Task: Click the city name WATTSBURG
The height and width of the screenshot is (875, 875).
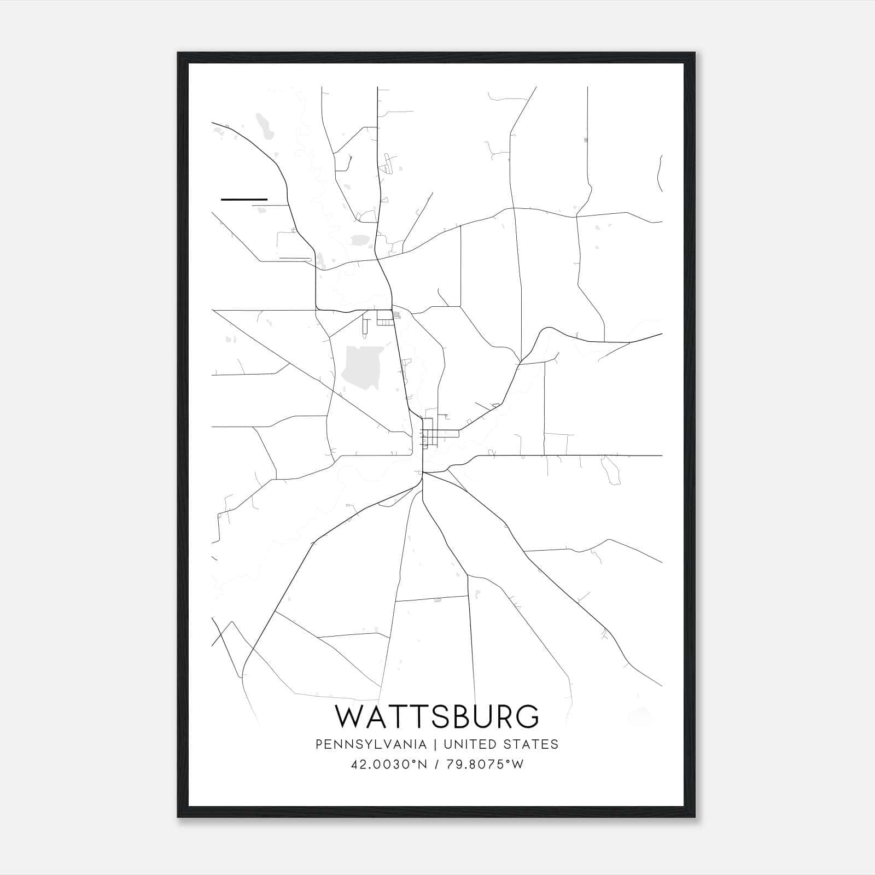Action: (x=437, y=717)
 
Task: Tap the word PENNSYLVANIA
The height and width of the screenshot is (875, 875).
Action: (x=371, y=744)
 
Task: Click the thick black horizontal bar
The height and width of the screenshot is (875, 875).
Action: (x=244, y=200)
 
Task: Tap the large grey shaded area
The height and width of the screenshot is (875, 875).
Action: (x=361, y=367)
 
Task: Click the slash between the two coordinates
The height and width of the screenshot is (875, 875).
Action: (x=435, y=765)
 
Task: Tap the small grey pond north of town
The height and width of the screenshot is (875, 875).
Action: (x=360, y=240)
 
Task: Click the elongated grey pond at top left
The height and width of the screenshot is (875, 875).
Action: (x=265, y=127)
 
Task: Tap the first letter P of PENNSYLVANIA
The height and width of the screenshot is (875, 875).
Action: (x=319, y=744)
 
